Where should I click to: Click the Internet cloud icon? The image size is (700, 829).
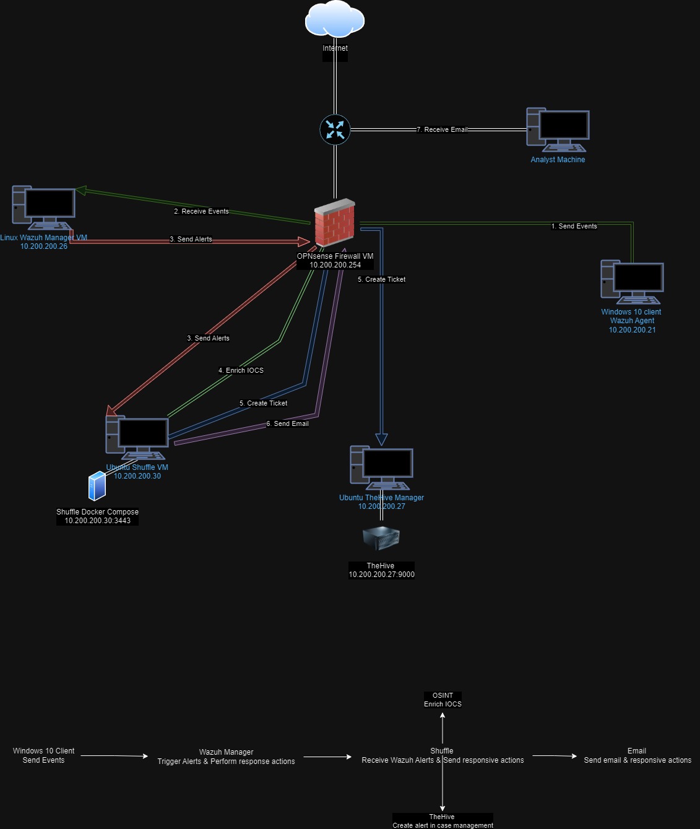tap(334, 20)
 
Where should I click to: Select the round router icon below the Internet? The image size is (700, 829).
tap(335, 130)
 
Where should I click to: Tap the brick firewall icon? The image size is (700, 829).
tap(334, 223)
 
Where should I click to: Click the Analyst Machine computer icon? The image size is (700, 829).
tap(558, 130)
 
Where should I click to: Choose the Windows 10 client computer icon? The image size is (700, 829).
tap(632, 282)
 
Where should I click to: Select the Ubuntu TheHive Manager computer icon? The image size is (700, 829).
tap(381, 468)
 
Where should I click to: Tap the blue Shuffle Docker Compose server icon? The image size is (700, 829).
tap(97, 486)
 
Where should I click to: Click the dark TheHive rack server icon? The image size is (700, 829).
tap(381, 537)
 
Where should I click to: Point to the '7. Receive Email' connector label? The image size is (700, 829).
tap(442, 130)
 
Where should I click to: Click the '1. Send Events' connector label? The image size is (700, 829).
tap(574, 227)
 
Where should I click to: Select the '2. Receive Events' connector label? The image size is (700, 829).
tap(201, 212)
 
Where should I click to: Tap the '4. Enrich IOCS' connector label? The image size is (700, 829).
tap(241, 371)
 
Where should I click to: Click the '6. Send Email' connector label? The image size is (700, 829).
tap(287, 424)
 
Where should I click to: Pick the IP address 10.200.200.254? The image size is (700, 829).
tap(335, 265)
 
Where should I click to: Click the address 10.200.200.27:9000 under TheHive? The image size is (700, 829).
tap(381, 575)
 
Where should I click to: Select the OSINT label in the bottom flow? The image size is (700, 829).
tap(443, 695)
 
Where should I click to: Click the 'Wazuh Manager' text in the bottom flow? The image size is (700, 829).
tap(226, 752)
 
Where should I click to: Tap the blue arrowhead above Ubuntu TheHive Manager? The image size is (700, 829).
tap(381, 439)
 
